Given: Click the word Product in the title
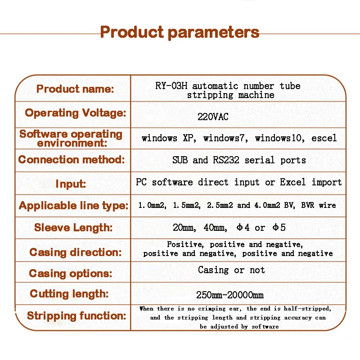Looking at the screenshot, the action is click(132, 32).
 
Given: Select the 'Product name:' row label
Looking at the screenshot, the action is click(75, 89).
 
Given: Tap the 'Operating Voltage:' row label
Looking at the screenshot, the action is click(76, 113).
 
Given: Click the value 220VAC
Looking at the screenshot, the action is click(213, 117).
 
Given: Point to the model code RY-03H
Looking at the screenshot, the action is click(171, 86).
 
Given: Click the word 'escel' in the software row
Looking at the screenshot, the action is click(324, 138).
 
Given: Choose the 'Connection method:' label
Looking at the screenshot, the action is click(72, 159).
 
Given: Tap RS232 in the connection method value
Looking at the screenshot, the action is click(226, 160).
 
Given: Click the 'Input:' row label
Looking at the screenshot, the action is click(71, 184).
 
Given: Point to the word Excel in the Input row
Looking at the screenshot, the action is click(293, 182).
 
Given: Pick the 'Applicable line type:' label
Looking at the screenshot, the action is click(74, 206).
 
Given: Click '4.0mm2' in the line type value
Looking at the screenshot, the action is click(267, 205).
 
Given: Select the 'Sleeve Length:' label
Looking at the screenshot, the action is click(73, 228).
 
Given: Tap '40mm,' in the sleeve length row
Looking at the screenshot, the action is click(216, 228).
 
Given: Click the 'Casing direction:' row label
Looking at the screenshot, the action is click(76, 252).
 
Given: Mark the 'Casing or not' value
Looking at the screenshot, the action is click(231, 270).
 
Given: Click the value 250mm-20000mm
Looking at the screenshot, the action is click(230, 295).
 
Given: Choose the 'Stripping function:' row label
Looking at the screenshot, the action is click(76, 316).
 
